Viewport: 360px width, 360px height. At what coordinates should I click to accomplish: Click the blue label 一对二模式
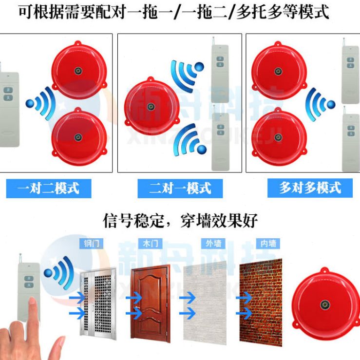click(48, 188)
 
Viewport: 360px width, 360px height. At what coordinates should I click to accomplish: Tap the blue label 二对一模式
click(180, 188)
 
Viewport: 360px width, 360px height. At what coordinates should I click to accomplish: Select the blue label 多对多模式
click(310, 188)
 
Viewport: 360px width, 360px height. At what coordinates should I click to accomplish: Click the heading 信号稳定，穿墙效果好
click(180, 220)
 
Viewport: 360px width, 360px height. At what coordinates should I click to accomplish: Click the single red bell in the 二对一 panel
click(151, 107)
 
